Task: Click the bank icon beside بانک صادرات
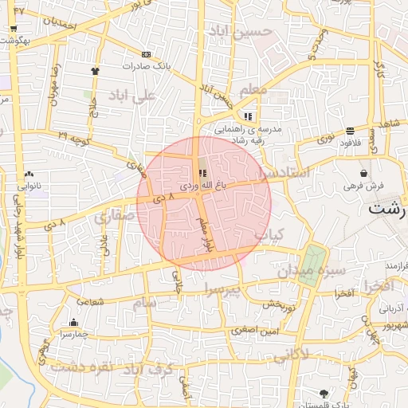pos(145,54)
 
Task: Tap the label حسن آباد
pos(240,32)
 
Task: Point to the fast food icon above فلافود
pos(350,131)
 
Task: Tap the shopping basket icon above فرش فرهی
pos(364,173)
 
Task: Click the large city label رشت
pos(388,210)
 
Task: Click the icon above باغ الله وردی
pos(202,173)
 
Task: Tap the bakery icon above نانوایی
pos(29,173)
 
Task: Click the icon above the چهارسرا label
pos(73,323)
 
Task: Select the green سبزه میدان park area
pos(312,263)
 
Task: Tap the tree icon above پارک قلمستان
pos(323,394)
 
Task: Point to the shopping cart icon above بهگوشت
pos(14,29)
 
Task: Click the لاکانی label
pos(291,354)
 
